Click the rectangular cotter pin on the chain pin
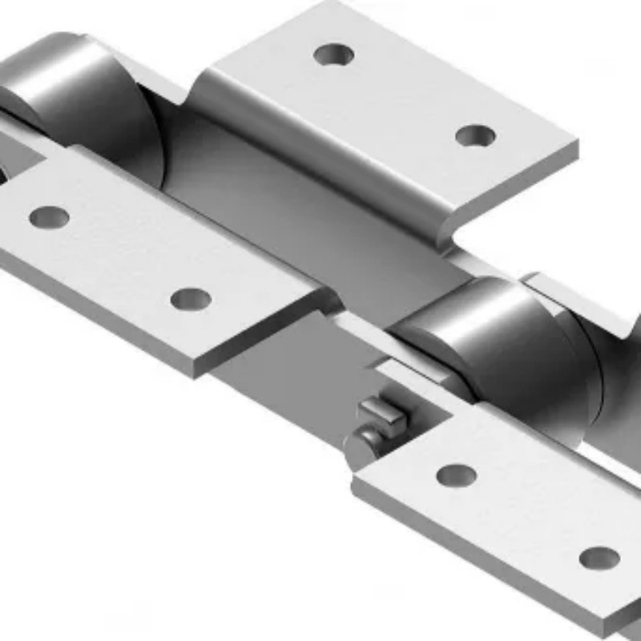pyautogui.click(x=381, y=413)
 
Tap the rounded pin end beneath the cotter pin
pyautogui.click(x=365, y=441)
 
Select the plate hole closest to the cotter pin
pyautogui.click(x=457, y=475)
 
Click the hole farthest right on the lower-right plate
pyautogui.click(x=599, y=558)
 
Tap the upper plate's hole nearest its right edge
pyautogui.click(x=475, y=135)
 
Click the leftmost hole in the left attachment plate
pyautogui.click(x=49, y=216)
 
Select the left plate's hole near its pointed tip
pyautogui.click(x=191, y=299)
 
